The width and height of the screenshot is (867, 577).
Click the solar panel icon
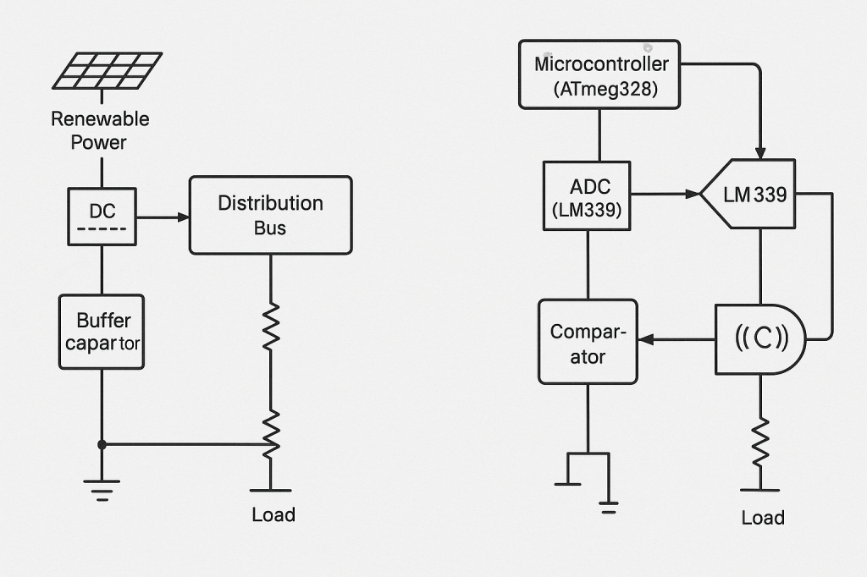tap(108, 71)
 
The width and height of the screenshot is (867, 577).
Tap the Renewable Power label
tap(99, 130)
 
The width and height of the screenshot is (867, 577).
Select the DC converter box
tap(102, 217)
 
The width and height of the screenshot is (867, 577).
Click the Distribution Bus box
tap(270, 215)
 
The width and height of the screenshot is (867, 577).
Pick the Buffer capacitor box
tap(102, 332)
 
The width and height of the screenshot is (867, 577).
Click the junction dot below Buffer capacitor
tap(102, 444)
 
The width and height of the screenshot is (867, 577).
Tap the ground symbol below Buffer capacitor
tap(102, 488)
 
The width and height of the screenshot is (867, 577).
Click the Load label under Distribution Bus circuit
tap(273, 514)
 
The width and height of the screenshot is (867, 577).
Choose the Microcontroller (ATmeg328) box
tap(599, 75)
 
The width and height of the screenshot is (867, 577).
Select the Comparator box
tap(588, 343)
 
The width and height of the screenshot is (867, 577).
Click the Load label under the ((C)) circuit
tap(763, 518)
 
